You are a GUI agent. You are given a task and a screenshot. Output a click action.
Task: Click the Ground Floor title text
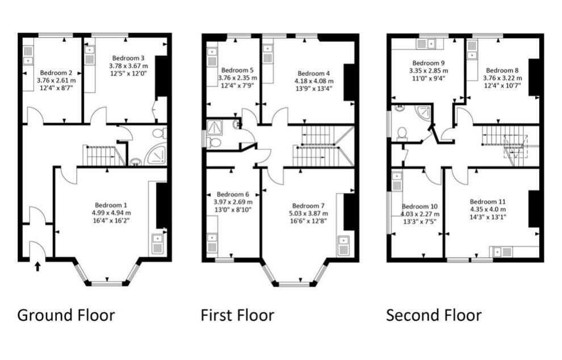(66, 315)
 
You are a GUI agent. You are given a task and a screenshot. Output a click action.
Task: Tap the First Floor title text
(237, 315)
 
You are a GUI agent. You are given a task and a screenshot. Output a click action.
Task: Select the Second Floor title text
(434, 315)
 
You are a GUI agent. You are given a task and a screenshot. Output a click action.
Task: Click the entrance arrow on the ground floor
(37, 266)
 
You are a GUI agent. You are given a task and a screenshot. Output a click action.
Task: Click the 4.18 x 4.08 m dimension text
(314, 81)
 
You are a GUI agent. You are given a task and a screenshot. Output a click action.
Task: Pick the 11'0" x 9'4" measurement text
(429, 79)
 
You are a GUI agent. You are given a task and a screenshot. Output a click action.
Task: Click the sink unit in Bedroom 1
(157, 244)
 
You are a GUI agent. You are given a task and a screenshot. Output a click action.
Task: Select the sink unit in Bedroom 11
(502, 251)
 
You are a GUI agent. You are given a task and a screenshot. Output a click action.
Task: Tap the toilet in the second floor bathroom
(402, 133)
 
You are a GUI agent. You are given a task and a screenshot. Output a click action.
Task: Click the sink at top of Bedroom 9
(425, 43)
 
